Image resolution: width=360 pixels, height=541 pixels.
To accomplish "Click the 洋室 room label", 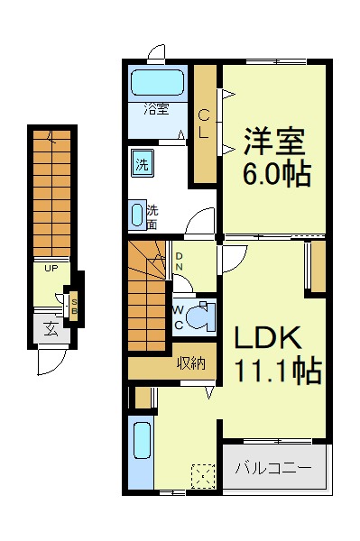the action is pyautogui.click(x=274, y=142).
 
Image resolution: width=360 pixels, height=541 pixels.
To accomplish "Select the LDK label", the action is pyautogui.click(x=268, y=337).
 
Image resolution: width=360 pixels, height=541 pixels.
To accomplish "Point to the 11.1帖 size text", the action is pyautogui.click(x=278, y=371).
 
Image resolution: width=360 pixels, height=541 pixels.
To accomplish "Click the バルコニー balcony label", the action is pyautogui.click(x=273, y=468).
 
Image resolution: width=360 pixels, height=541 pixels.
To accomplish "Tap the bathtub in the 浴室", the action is pyautogui.click(x=158, y=82).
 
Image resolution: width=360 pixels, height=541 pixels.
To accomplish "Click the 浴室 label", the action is pyautogui.click(x=156, y=109).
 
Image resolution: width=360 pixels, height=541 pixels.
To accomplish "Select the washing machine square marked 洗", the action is pyautogui.click(x=143, y=164).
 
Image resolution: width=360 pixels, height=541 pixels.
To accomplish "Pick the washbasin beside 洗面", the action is pyautogui.click(x=137, y=215).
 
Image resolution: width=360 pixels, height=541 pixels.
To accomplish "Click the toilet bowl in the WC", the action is pyautogui.click(x=198, y=316).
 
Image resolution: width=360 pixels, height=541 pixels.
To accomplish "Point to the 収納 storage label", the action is pyautogui.click(x=191, y=362).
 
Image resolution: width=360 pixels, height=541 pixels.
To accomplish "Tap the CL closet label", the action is pyautogui.click(x=204, y=124).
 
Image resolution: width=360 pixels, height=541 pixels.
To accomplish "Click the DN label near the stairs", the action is pyautogui.click(x=180, y=261).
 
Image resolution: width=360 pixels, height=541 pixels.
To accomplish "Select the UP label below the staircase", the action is pyautogui.click(x=51, y=268).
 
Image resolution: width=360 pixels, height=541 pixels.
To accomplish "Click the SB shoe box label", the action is pyautogui.click(x=74, y=306).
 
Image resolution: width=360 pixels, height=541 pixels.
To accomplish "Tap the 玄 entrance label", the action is pyautogui.click(x=51, y=329).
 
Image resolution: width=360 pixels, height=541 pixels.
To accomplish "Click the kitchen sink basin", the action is pyautogui.click(x=142, y=441).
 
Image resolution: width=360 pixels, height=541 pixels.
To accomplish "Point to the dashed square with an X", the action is pyautogui.click(x=203, y=476).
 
